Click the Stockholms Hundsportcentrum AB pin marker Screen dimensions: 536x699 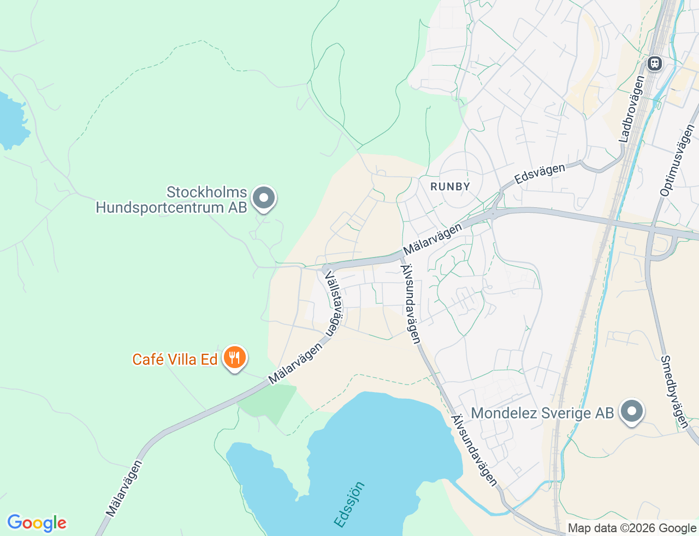(x=265, y=198)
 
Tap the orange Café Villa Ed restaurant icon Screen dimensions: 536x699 (x=235, y=358)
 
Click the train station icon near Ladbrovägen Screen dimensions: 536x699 (x=654, y=63)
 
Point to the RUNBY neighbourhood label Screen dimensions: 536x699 (x=450, y=187)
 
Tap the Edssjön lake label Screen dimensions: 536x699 (x=349, y=504)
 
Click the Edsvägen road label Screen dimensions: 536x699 (x=540, y=173)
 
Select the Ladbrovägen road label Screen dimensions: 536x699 (x=632, y=109)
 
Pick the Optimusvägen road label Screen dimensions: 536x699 (x=677, y=160)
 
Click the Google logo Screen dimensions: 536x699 (x=37, y=523)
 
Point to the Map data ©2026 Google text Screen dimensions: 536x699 (x=632, y=528)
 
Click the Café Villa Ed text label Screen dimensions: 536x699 (x=175, y=359)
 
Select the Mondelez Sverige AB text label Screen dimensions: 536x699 (x=542, y=413)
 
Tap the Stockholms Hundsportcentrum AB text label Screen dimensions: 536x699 (x=171, y=200)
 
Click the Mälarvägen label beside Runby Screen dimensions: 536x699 (x=432, y=240)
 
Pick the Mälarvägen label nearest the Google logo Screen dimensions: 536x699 (x=124, y=488)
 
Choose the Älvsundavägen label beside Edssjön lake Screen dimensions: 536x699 (x=474, y=450)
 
